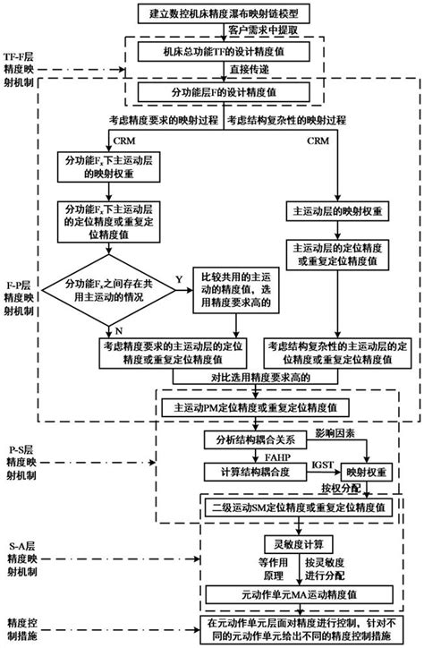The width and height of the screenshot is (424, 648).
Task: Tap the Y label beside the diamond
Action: coord(178,279)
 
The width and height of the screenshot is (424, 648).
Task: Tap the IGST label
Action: coord(319,465)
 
